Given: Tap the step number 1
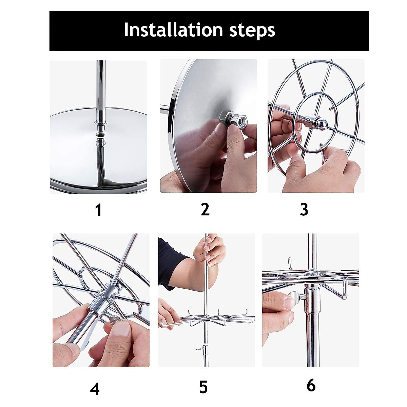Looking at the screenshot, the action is (99, 210).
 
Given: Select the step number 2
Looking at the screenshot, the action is (205, 209).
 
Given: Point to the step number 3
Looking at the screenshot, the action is (304, 209).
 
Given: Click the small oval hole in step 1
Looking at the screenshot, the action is (101, 134).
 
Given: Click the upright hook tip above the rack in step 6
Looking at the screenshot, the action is (290, 259).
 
